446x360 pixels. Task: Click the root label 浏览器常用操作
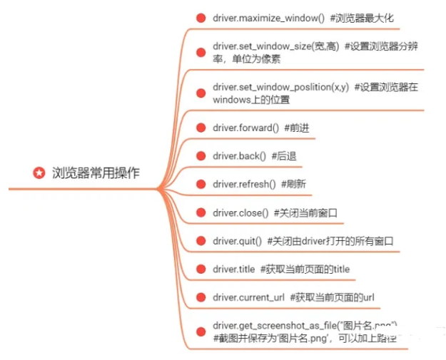(x=96, y=173)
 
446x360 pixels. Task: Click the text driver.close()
(x=240, y=212)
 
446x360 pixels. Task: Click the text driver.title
(x=234, y=269)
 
